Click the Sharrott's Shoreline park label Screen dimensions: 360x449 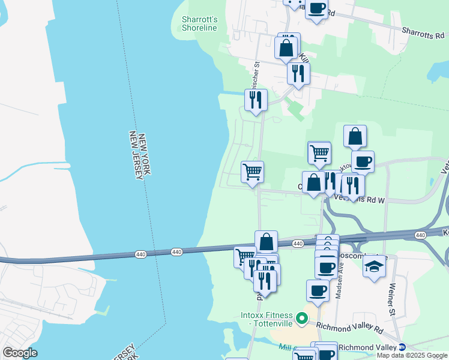click(199, 23)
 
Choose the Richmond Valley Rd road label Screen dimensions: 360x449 click(349, 328)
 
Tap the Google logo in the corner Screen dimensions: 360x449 click(20, 353)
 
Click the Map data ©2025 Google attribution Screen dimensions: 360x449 click(411, 355)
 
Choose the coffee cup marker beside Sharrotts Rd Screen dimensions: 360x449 click(316, 9)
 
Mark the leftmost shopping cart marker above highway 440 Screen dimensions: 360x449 click(253, 172)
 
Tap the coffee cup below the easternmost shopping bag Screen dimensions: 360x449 click(363, 161)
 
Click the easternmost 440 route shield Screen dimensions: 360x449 click(420, 235)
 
